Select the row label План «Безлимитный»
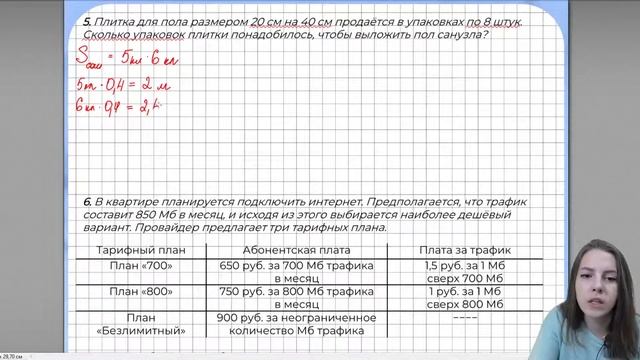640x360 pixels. (141, 324)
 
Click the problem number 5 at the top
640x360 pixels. (87, 20)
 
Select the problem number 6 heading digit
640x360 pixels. (87, 201)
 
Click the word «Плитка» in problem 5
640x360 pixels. (117, 20)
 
